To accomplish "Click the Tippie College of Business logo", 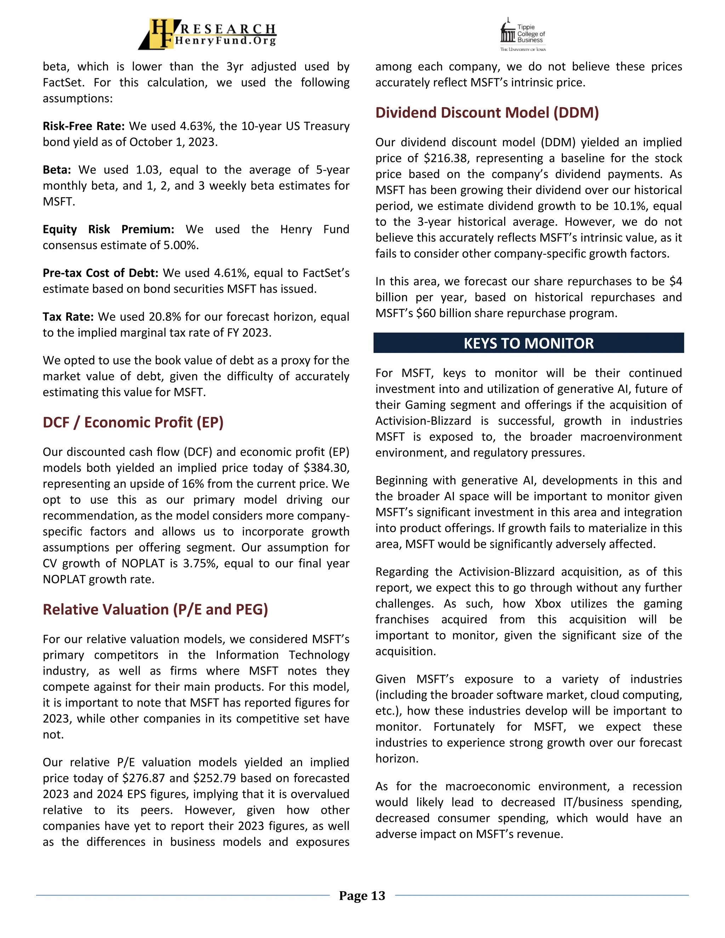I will (x=523, y=34).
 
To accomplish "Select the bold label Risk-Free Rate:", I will (x=83, y=126).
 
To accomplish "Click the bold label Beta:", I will (x=57, y=170).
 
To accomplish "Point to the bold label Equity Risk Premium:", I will (x=108, y=229).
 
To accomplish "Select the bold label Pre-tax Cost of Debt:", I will (x=101, y=273).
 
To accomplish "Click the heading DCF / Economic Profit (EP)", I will (x=133, y=423).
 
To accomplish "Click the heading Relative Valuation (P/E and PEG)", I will (x=155, y=610).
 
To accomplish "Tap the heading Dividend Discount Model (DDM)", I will (x=487, y=113).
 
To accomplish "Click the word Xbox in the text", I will (x=548, y=604).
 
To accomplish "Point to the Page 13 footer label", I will (x=362, y=896).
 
